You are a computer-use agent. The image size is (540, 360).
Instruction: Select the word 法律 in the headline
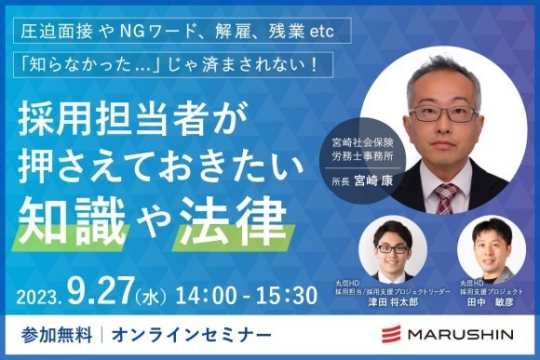(x=232, y=216)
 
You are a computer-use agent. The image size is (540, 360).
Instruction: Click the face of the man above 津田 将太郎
(x=392, y=246)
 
